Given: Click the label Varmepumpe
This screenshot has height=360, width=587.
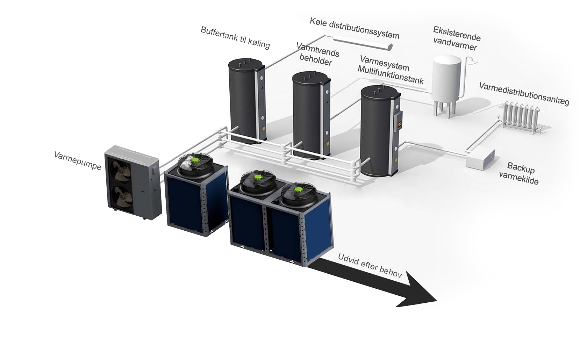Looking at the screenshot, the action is pyautogui.click(x=78, y=160).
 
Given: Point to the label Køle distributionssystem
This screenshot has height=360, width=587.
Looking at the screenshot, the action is pyautogui.click(x=354, y=28).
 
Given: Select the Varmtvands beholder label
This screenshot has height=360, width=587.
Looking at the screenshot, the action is pyautogui.click(x=317, y=54).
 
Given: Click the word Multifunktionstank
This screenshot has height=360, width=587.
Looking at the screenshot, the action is pyautogui.click(x=391, y=75).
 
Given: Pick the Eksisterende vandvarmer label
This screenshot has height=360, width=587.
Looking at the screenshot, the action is pyautogui.click(x=456, y=38).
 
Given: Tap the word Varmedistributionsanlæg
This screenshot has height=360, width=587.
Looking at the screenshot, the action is pyautogui.click(x=524, y=94).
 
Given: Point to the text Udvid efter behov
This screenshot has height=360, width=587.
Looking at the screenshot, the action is pyautogui.click(x=370, y=265).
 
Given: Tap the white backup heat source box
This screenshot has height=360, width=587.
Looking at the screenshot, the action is pyautogui.click(x=480, y=158).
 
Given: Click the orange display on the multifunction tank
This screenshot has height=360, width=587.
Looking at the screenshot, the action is pyautogui.click(x=400, y=124).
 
